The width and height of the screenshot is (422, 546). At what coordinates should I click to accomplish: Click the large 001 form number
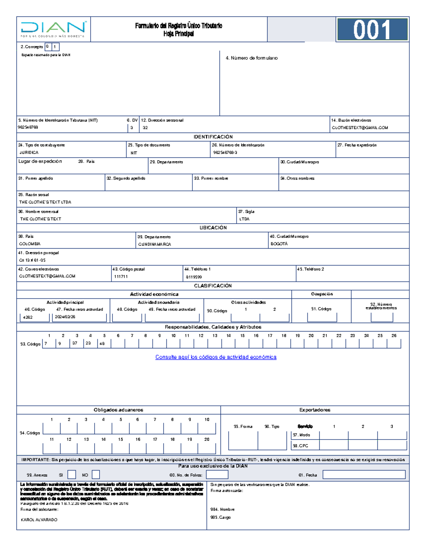(372, 30)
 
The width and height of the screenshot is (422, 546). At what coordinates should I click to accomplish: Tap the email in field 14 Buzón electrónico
(360, 128)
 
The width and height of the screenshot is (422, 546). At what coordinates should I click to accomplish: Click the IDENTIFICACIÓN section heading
(213, 137)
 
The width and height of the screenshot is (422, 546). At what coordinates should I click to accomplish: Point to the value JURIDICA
(29, 153)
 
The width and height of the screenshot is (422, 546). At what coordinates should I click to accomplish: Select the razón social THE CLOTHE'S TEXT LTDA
(45, 202)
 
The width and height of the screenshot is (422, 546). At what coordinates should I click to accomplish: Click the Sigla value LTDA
(244, 219)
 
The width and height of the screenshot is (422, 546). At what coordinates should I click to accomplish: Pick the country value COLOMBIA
(30, 244)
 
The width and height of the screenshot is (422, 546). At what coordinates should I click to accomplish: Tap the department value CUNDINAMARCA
(154, 244)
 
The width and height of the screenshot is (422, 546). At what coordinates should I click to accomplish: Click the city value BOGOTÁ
(279, 244)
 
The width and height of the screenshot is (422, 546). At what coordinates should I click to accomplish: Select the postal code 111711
(121, 277)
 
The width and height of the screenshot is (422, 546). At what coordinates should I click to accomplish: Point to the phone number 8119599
(194, 277)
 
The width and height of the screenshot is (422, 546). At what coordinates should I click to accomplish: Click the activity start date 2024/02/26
(65, 317)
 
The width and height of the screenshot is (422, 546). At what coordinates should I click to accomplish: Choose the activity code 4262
(28, 317)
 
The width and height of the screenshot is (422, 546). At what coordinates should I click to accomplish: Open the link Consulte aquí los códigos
(216, 357)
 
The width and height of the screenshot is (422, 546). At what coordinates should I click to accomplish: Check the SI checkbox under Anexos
(72, 475)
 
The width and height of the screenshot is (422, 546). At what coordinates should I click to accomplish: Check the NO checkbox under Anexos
(96, 475)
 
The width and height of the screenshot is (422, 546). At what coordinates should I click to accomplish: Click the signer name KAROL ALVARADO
(39, 520)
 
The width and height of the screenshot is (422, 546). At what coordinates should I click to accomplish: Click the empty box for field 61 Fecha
(364, 475)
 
